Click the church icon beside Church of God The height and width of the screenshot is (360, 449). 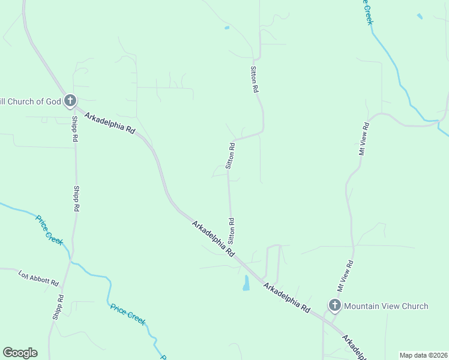(x=70, y=101)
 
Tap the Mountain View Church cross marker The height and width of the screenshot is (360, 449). (x=334, y=306)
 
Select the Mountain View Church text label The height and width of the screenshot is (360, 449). (x=386, y=306)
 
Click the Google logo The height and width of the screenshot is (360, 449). (x=20, y=353)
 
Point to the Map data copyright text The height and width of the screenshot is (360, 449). (x=423, y=355)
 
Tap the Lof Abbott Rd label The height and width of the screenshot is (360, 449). (x=38, y=279)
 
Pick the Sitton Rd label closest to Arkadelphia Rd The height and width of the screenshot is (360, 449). (x=231, y=230)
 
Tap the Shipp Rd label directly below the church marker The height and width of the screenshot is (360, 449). (x=75, y=128)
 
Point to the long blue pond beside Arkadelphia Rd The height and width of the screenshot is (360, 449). (x=246, y=283)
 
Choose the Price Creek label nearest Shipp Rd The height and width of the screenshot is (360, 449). (x=49, y=229)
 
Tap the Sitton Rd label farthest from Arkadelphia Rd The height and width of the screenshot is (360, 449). (x=255, y=79)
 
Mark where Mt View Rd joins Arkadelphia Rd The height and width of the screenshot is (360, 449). (x=324, y=318)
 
